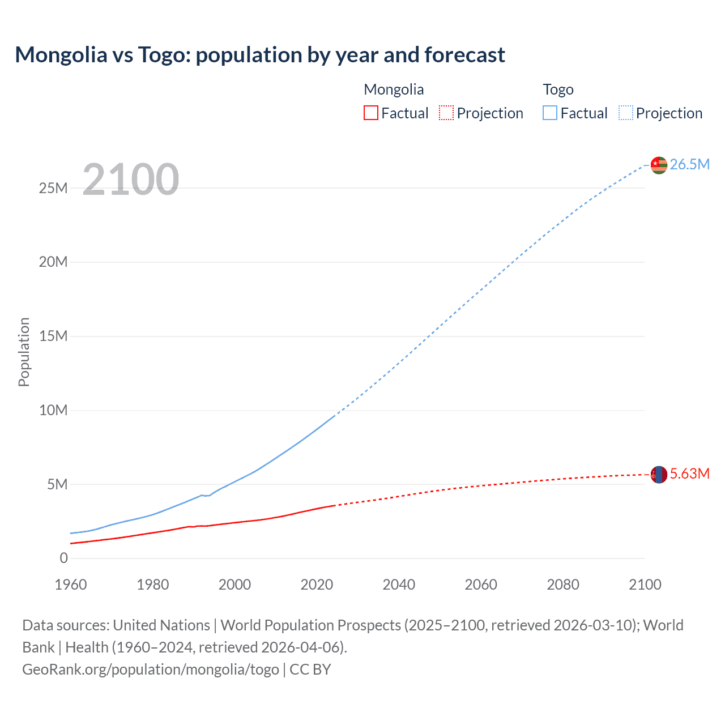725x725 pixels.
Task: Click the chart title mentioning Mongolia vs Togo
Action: [260, 55]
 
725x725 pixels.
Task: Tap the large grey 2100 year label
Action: [131, 180]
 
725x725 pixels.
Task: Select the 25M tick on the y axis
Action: [53, 188]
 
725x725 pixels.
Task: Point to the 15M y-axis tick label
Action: [53, 336]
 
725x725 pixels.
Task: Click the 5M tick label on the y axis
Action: [57, 484]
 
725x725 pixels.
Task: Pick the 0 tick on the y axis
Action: [63, 558]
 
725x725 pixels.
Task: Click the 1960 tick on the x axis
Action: [71, 585]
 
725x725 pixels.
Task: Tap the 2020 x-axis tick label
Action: [317, 585]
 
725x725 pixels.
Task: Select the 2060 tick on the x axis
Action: [481, 585]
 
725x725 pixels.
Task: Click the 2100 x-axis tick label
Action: [645, 585]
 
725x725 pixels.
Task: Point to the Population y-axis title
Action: [24, 352]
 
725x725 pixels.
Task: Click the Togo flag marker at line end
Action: [659, 165]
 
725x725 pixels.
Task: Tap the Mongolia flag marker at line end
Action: [659, 474]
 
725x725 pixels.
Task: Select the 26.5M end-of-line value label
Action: [689, 165]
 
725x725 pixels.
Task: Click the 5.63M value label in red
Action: [689, 474]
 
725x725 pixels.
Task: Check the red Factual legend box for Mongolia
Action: [371, 113]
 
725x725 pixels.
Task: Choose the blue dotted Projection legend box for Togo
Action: [626, 113]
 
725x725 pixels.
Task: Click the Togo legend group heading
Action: [558, 89]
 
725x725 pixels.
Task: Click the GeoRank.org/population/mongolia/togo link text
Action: [151, 669]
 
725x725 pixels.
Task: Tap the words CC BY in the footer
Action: [310, 669]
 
